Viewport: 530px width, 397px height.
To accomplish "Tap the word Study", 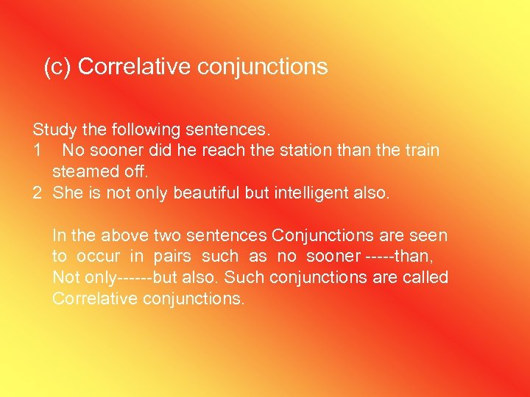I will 54,130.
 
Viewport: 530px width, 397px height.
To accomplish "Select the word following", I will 146,130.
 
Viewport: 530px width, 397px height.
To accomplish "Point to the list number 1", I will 38,151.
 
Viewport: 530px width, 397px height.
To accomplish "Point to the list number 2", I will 38,193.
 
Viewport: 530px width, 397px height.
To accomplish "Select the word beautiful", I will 190,193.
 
